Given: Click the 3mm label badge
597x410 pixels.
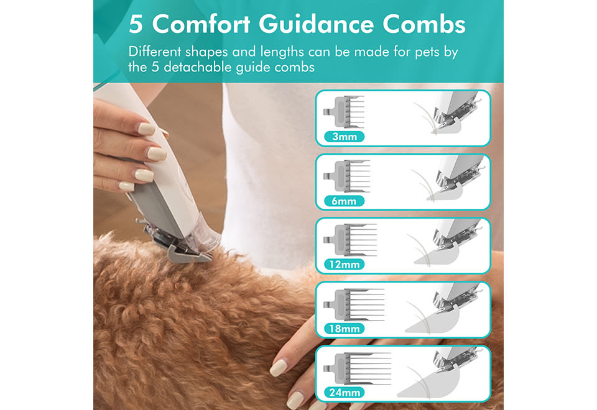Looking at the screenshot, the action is tap(344, 137).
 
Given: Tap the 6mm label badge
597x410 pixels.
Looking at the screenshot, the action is tap(344, 201).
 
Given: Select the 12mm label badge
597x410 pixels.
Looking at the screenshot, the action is tap(344, 265).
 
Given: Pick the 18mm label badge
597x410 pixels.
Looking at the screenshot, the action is tap(344, 329).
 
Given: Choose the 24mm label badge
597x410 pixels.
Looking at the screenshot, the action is tap(344, 393).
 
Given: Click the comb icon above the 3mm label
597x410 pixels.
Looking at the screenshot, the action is tap(344, 112).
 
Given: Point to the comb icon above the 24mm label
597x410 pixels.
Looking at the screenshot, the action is tap(357, 368).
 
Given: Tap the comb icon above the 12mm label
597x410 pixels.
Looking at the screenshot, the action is tap(350, 240).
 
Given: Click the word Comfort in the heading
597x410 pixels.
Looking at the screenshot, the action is tap(201, 24).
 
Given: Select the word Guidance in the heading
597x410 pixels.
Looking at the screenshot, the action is tap(317, 24).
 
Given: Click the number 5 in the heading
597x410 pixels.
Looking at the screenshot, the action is tap(136, 25).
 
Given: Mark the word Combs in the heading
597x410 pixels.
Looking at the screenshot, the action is tap(423, 24).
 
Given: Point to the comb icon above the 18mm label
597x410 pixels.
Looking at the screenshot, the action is tap(354, 304).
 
